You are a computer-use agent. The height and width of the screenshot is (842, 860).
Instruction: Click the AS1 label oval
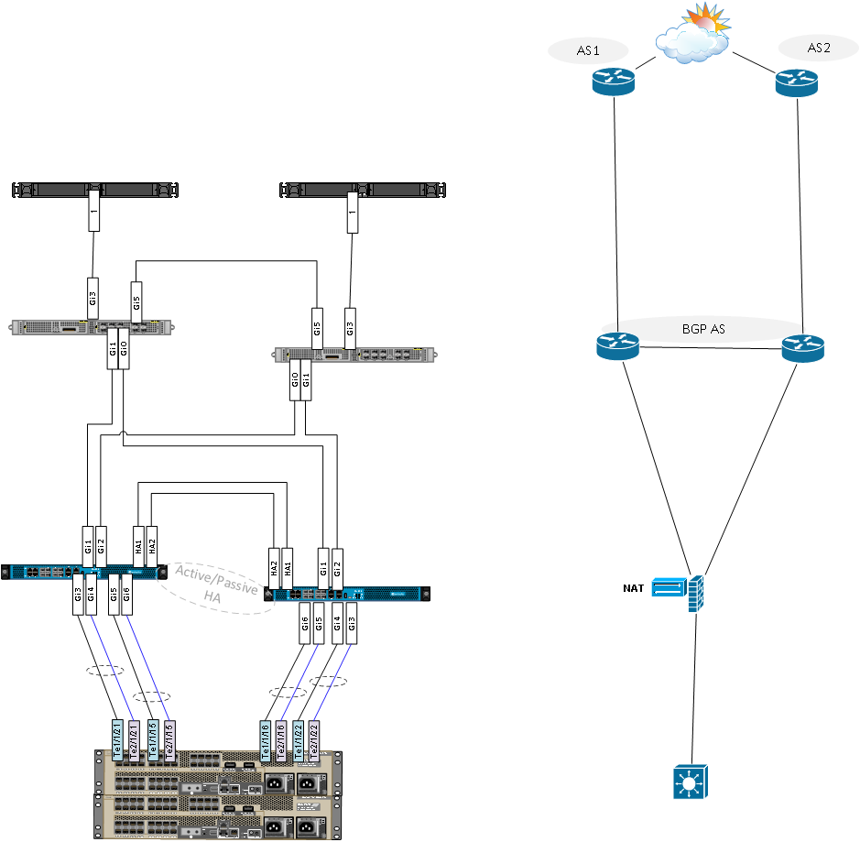[588, 51]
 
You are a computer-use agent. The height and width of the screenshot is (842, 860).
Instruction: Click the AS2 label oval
[819, 49]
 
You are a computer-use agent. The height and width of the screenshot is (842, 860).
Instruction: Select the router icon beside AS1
[612, 83]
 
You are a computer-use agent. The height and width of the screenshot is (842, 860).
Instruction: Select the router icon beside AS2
[795, 83]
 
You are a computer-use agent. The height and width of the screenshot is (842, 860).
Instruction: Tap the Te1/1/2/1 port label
[116, 738]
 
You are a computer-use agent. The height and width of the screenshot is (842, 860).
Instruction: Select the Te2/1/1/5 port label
[169, 738]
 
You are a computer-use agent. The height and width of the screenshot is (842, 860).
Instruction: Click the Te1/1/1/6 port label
[266, 738]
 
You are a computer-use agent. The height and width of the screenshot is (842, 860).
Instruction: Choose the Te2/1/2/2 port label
[313, 738]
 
